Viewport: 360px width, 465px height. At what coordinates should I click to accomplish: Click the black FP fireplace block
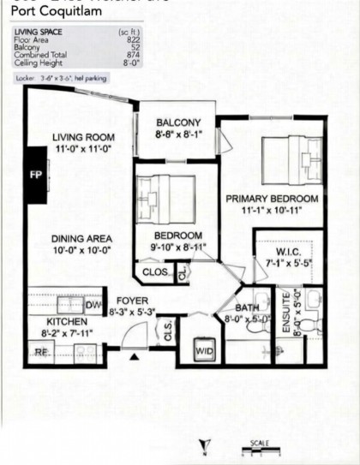[36, 174]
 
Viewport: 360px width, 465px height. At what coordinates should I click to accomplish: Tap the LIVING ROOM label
[84, 138]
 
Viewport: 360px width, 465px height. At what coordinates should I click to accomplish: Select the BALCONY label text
[178, 122]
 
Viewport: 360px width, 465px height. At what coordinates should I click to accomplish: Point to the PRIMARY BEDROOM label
[272, 199]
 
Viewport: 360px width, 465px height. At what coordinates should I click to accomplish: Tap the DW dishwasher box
[92, 306]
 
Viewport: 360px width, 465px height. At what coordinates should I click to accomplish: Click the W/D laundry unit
[204, 350]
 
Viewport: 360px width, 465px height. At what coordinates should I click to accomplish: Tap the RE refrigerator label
[39, 351]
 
